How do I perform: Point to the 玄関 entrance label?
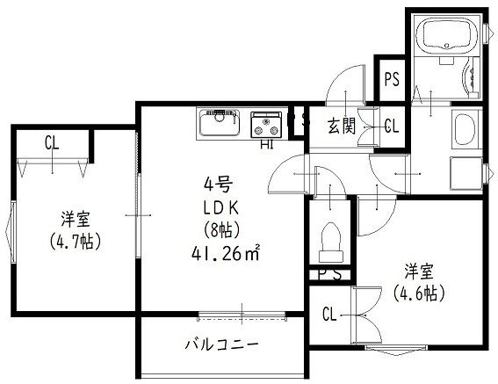click(342, 126)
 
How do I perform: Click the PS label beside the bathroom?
click(391, 79)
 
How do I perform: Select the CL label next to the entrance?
click(391, 126)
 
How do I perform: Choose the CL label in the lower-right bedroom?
click(329, 314)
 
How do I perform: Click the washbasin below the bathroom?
click(464, 132)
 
